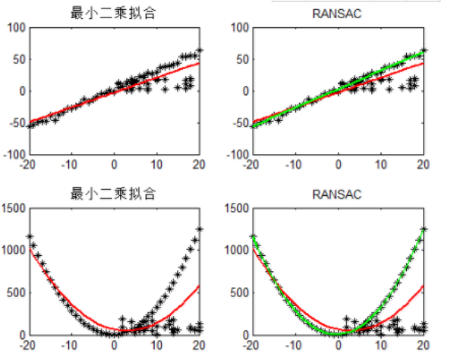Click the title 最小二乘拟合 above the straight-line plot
tap(114, 14)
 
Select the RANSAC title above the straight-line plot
tap(338, 14)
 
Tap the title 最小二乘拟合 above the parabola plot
tap(114, 194)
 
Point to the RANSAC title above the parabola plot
tap(338, 194)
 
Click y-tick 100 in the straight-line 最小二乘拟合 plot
tap(17, 27)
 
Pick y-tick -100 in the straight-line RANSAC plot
tap(238, 154)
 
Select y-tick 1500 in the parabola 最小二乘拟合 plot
tap(14, 207)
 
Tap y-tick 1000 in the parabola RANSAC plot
tap(237, 250)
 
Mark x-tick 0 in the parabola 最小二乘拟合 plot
tap(114, 344)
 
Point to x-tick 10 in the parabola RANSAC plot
tap(381, 344)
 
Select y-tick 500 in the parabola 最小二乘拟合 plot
tap(17, 292)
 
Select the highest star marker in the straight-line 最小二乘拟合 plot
tap(200, 50)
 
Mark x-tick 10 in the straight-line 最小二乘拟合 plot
tap(157, 164)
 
